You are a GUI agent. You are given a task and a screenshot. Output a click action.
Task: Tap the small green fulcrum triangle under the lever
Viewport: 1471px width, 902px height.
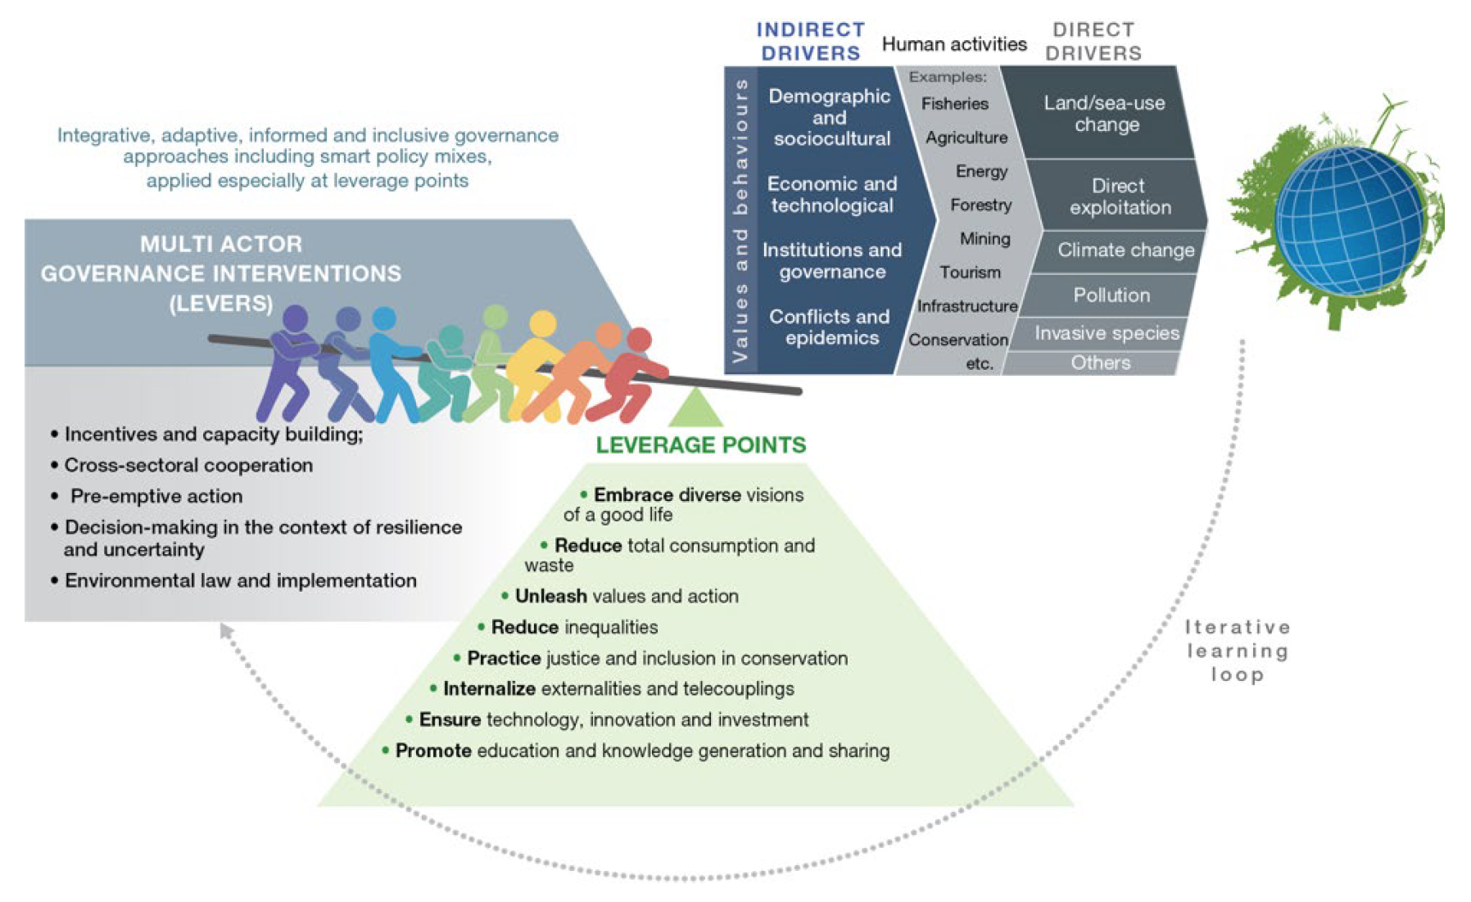point(695,408)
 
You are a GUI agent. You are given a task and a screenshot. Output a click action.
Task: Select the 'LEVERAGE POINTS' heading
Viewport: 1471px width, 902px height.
point(701,445)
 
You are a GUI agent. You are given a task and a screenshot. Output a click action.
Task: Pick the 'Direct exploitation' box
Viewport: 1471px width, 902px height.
point(1120,196)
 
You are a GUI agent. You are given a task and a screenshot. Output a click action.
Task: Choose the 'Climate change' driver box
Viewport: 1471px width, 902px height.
point(1121,250)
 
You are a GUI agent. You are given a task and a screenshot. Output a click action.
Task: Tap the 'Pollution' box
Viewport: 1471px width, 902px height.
point(1111,295)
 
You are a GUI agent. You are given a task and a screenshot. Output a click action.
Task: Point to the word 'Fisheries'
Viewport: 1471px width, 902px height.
point(954,104)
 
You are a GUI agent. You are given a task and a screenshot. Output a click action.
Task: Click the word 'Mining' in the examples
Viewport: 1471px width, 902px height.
point(984,239)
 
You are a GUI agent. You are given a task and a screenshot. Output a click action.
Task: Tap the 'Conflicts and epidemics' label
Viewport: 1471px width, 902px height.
point(830,327)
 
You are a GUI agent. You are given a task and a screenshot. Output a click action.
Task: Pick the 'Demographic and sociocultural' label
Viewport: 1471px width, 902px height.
point(830,117)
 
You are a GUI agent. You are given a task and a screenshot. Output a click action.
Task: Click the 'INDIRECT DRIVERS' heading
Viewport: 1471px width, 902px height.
point(810,42)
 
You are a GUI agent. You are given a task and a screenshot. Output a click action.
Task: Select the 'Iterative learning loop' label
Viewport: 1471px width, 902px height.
point(1238,651)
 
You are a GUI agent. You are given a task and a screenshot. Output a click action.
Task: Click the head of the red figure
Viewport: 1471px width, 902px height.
point(639,340)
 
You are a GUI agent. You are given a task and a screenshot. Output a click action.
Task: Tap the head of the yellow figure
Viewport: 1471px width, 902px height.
point(542,323)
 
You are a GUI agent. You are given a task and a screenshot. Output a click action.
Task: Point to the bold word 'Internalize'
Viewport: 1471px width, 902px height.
point(489,689)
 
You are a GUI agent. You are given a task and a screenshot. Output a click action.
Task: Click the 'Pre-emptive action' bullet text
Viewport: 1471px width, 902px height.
point(156,497)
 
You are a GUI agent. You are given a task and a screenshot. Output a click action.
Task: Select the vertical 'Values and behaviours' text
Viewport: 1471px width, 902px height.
point(740,221)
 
